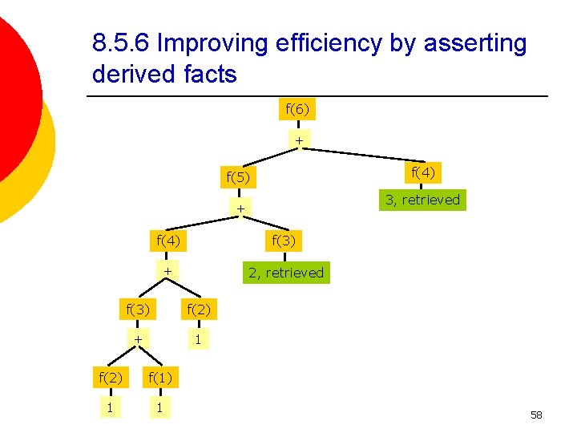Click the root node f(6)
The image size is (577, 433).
pyautogui.click(x=297, y=108)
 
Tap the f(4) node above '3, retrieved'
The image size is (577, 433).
pyautogui.click(x=423, y=172)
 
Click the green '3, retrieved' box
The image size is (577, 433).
pyautogui.click(x=422, y=200)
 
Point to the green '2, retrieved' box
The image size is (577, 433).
pyautogui.click(x=286, y=273)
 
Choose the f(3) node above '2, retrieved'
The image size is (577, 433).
pyautogui.click(x=284, y=239)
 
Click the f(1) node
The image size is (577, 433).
pyautogui.click(x=160, y=375)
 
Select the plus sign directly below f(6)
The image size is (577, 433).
pyautogui.click(x=298, y=141)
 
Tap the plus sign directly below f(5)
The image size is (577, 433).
pyautogui.click(x=239, y=209)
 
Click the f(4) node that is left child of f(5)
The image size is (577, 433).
pyautogui.click(x=169, y=239)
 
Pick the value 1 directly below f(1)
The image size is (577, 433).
pyautogui.click(x=160, y=408)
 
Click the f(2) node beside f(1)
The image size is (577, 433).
pyautogui.click(x=110, y=375)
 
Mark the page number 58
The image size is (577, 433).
pyautogui.click(x=536, y=415)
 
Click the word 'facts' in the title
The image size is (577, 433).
pyautogui.click(x=209, y=75)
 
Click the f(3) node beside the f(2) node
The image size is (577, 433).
pyautogui.click(x=140, y=307)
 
